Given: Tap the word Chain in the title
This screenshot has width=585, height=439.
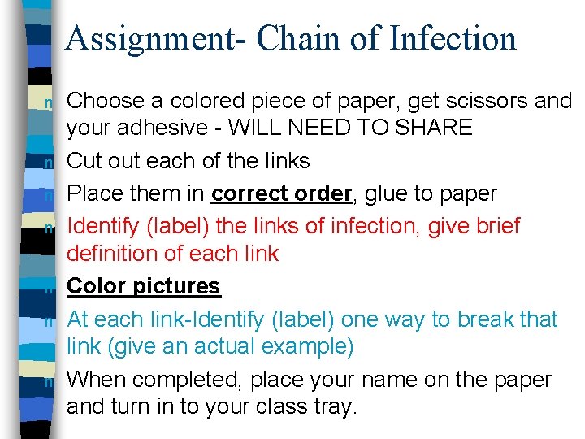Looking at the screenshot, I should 284,38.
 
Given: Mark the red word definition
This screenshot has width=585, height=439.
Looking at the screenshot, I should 115,254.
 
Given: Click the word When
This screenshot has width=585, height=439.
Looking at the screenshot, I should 97,380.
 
